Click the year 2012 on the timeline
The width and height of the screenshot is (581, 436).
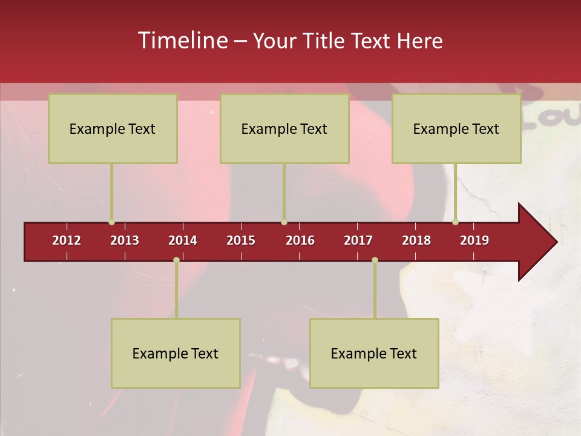click(67, 240)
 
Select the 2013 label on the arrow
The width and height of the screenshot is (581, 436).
click(125, 240)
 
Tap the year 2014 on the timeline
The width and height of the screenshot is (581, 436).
click(183, 240)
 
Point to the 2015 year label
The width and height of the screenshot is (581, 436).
click(241, 240)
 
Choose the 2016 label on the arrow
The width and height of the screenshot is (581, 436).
click(300, 240)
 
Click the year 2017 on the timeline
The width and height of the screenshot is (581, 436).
click(358, 240)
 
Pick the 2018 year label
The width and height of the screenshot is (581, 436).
click(416, 240)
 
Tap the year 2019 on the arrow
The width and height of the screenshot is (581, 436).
click(474, 240)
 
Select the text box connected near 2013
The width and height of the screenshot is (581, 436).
click(113, 128)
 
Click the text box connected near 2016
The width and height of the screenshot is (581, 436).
click(284, 128)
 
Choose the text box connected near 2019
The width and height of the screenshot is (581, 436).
click(456, 128)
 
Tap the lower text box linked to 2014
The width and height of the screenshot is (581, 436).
click(176, 353)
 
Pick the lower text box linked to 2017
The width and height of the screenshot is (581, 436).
click(374, 353)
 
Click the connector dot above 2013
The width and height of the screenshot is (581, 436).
click(111, 222)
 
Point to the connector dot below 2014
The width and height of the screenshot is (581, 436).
click(176, 260)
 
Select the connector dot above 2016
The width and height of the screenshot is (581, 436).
click(284, 222)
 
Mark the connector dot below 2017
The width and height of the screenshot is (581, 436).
click(375, 260)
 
